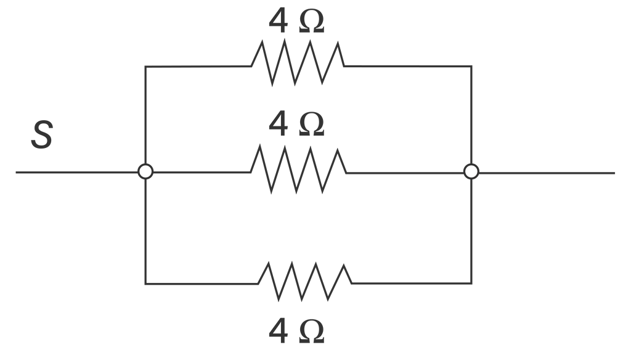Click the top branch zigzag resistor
[298, 63]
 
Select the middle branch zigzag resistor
[298, 170]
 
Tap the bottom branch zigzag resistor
[304, 282]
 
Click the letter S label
[42, 135]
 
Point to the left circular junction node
[145, 171]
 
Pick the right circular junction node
[471, 171]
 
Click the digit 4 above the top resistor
[278, 21]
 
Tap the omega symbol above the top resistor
[312, 23]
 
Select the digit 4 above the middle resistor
[278, 125]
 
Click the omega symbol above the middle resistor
[312, 126]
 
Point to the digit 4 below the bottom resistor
[278, 331]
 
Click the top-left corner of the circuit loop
[145, 67]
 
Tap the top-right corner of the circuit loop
[471, 66]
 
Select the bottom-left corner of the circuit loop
[145, 284]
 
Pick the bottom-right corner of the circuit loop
[471, 284]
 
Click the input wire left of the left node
[77, 173]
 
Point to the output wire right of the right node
[547, 173]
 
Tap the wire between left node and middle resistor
[202, 173]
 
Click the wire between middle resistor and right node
[405, 173]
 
